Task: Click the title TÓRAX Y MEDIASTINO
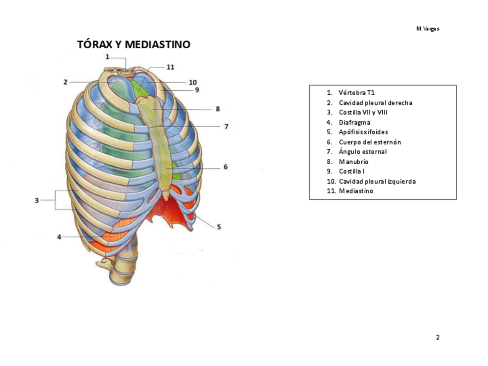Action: (x=134, y=44)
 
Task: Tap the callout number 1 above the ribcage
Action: (x=107, y=56)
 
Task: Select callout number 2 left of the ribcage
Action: (x=66, y=82)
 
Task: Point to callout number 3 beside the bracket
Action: (x=37, y=200)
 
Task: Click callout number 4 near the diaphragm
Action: (x=59, y=237)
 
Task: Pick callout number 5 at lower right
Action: (x=219, y=227)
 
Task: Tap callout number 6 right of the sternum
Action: (x=226, y=167)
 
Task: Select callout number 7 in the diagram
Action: (x=226, y=126)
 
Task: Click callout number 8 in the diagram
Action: (x=218, y=108)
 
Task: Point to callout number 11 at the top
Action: (x=170, y=67)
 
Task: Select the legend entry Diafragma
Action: (x=354, y=123)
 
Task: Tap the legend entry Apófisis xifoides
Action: (x=363, y=132)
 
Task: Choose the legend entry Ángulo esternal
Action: (x=363, y=152)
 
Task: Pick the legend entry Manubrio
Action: (x=353, y=162)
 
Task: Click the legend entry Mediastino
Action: (x=356, y=191)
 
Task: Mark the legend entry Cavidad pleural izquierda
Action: (x=377, y=181)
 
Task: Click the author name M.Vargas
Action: (x=428, y=29)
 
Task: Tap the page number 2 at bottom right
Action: (x=437, y=337)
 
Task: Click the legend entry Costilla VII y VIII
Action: (x=363, y=112)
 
